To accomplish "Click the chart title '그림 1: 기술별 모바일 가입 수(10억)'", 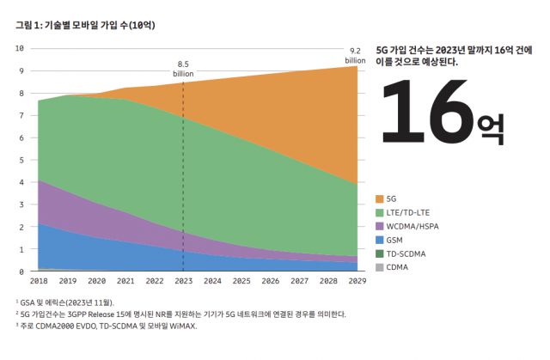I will pos(72,26).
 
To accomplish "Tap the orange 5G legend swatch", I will pos(382,198).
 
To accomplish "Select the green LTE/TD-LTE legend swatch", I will pos(382,212).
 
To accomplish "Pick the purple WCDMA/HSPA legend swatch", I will pos(382,226).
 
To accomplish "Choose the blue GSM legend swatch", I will pos(382,240).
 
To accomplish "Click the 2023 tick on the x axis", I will pos(183,281).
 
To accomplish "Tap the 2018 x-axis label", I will pos(39,281).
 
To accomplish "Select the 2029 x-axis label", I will pos(357,281).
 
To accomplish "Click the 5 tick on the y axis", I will pos(21,160).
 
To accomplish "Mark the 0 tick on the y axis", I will pos(21,272).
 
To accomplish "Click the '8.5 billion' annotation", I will pos(183,69).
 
